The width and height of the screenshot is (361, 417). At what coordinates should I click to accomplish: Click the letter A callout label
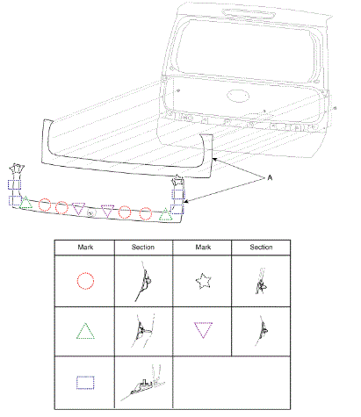click(270, 177)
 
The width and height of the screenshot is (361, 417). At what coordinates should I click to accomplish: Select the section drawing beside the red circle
click(143, 281)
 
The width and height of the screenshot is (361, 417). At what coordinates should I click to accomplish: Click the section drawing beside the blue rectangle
click(143, 383)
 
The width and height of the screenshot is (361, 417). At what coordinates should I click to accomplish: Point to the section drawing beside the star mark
click(261, 281)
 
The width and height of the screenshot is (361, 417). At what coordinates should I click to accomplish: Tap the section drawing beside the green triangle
click(142, 331)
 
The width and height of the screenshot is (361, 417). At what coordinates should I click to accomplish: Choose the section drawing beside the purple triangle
click(262, 331)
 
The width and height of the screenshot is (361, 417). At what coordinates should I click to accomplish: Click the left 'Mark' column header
click(85, 248)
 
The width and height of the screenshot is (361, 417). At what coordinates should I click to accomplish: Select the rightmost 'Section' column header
click(261, 248)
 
